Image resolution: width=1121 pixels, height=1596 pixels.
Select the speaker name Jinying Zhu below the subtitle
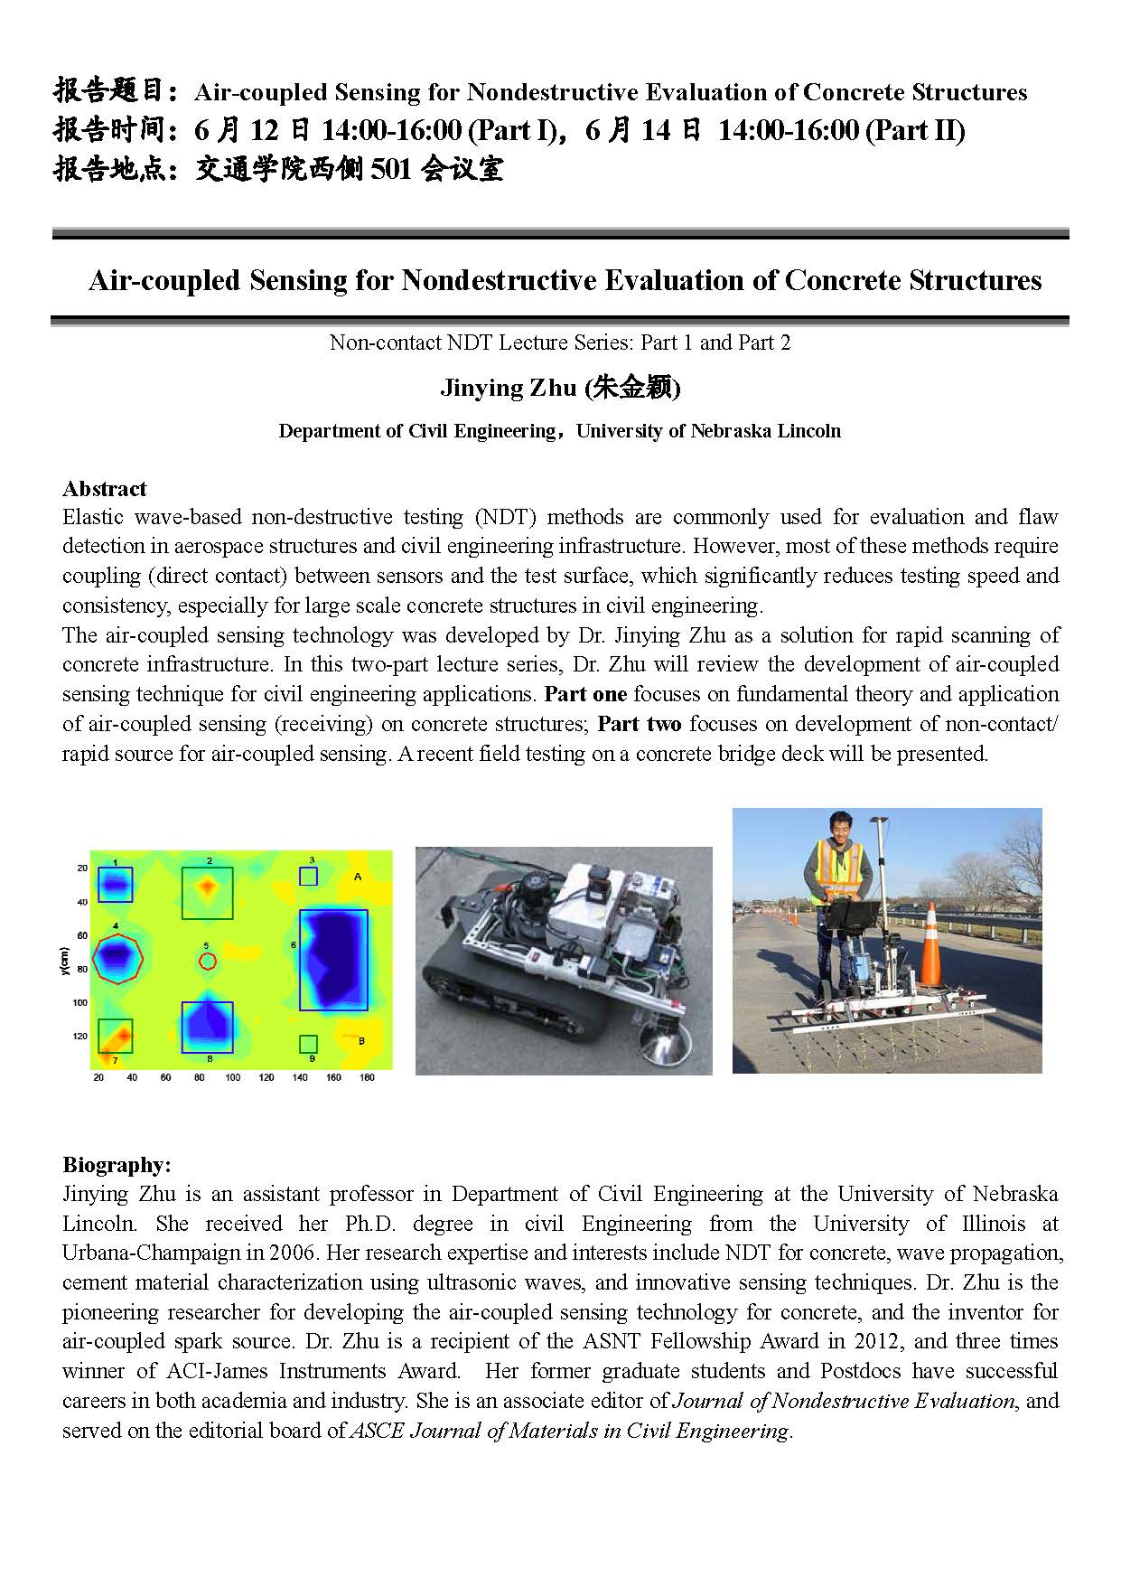[508, 388]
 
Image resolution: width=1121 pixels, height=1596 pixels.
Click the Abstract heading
[104, 489]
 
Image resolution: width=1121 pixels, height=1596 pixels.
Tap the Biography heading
[117, 1165]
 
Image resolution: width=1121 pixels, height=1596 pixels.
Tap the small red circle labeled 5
[207, 960]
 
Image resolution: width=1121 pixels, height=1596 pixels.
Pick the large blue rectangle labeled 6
[333, 960]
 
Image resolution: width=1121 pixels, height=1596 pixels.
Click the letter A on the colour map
[358, 877]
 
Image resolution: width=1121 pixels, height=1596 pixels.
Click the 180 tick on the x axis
[367, 1078]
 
